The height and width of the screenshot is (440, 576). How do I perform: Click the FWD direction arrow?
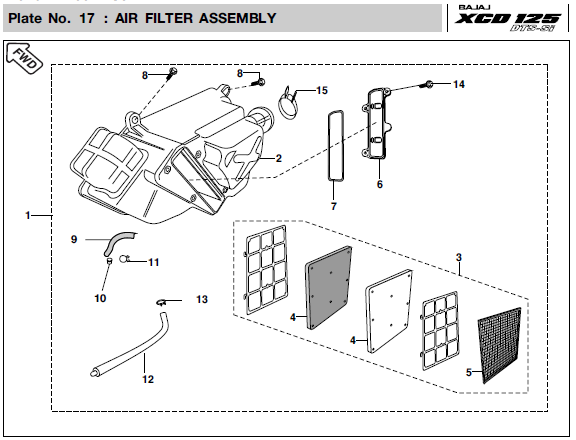click(25, 58)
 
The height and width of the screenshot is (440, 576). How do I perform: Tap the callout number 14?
click(459, 84)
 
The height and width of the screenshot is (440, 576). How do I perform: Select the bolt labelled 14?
click(426, 84)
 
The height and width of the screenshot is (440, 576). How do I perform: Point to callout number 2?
click(279, 158)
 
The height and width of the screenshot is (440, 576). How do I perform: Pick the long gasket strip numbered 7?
click(336, 146)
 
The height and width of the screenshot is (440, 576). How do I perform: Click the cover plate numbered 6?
click(378, 123)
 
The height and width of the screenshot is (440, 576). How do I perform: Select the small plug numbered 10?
click(109, 261)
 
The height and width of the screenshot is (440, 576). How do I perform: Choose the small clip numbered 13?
click(161, 302)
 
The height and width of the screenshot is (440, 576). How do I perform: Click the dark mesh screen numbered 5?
click(500, 345)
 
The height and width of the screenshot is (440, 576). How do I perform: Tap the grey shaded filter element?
click(328, 287)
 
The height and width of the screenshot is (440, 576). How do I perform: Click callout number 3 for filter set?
click(459, 258)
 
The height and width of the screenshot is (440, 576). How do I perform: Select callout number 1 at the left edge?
click(28, 215)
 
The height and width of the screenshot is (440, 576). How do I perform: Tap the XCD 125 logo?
click(507, 19)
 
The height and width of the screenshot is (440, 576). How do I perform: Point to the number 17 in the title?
click(87, 18)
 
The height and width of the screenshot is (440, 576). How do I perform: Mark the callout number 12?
click(148, 379)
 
